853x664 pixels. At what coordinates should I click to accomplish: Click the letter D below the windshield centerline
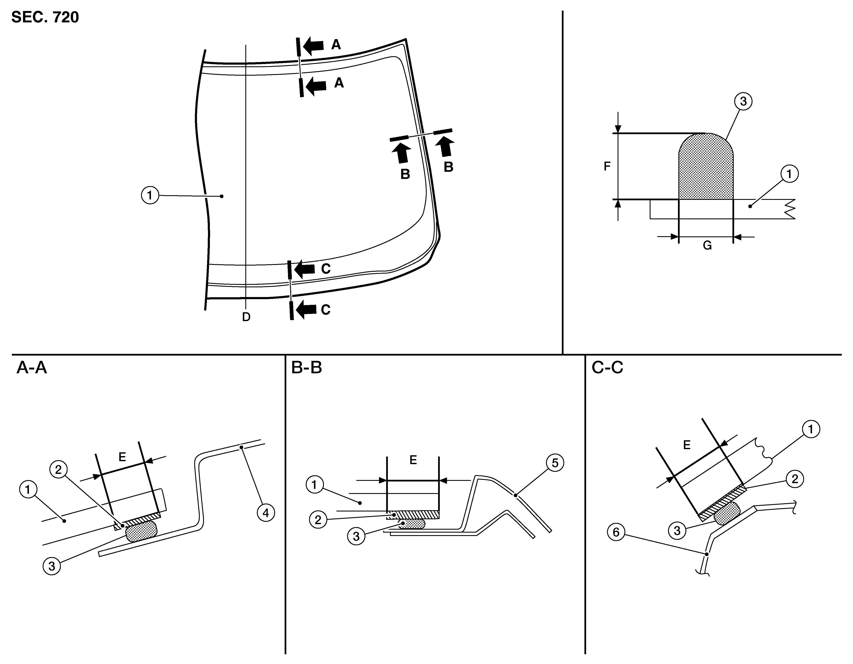(x=246, y=317)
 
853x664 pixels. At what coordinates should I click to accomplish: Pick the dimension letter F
(x=607, y=166)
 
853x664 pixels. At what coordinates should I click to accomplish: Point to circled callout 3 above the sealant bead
(x=743, y=101)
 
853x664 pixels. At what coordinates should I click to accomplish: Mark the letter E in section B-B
(x=413, y=460)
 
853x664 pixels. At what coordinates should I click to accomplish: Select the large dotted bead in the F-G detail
(x=706, y=167)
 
